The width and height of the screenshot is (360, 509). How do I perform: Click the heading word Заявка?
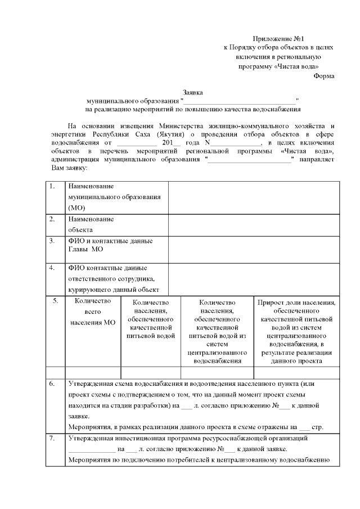(193, 92)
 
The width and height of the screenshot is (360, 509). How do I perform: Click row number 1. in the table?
(52, 186)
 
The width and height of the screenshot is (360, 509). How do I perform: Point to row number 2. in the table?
(52, 219)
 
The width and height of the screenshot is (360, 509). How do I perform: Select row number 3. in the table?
(52, 241)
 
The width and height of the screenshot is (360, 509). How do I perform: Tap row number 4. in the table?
(52, 268)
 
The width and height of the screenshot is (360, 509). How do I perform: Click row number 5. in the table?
(55, 301)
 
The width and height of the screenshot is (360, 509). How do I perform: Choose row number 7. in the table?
(52, 438)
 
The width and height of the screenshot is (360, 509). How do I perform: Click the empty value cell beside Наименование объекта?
(254, 224)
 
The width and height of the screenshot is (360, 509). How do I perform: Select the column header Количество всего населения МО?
(93, 312)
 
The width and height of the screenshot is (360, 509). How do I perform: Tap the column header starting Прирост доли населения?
(297, 332)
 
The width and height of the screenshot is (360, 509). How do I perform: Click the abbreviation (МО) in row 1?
(76, 208)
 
